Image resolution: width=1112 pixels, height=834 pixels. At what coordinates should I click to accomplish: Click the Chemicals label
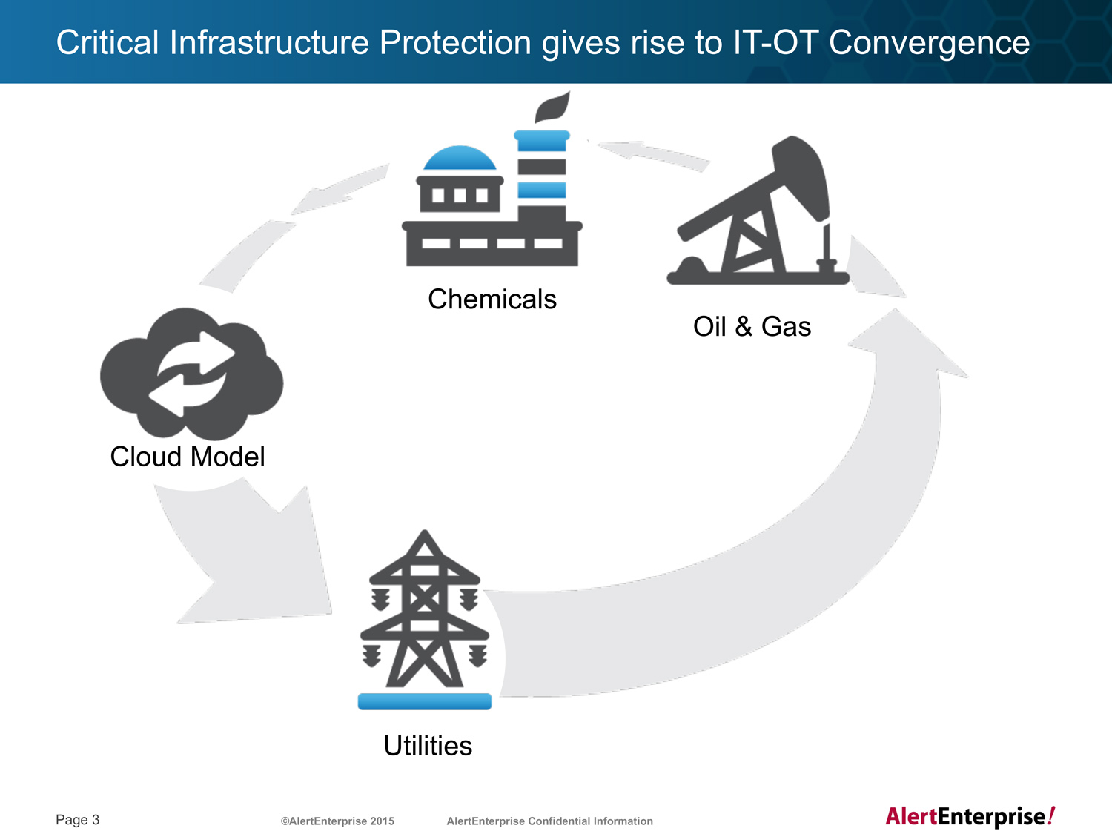point(492,299)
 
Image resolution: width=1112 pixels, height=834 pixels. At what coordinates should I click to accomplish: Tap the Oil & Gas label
point(752,326)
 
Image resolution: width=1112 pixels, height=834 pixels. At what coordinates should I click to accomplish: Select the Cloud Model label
point(188,456)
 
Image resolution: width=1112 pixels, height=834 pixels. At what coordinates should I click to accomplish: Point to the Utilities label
point(428,745)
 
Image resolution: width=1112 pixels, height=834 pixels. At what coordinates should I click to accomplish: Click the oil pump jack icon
point(758,210)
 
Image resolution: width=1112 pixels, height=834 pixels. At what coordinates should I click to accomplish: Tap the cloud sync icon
point(191,374)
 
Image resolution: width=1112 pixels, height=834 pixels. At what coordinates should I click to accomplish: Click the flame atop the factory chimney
point(552,107)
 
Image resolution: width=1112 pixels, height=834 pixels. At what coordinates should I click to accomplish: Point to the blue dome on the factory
point(460,157)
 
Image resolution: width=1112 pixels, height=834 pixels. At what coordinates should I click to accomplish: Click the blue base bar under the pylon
point(425,701)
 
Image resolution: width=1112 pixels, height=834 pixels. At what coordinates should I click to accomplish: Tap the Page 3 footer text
point(78,819)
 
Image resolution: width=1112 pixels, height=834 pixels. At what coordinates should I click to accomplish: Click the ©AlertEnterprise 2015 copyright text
point(337,821)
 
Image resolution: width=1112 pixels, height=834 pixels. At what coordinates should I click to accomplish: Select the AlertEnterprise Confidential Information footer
point(549,821)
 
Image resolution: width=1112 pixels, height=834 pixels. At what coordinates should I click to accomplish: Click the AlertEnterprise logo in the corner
point(970,816)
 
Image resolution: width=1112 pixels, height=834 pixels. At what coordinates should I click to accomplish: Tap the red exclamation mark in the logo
point(1051,815)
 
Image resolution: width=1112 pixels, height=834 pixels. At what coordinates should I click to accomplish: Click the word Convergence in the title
point(929,42)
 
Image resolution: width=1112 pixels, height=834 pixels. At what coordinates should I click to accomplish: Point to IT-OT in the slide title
point(775,42)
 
